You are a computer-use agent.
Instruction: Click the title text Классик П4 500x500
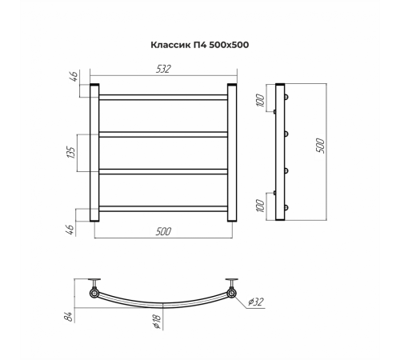200,45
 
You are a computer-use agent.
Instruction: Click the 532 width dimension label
163,69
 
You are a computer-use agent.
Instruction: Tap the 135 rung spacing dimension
71,152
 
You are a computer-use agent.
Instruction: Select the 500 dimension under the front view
163,231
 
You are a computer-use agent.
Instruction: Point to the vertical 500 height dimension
320,146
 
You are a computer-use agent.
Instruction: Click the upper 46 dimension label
74,77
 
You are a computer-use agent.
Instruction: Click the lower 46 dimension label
70,230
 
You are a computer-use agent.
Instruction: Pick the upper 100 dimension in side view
261,100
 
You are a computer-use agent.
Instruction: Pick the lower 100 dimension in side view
261,206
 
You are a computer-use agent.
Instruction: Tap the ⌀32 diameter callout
255,302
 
